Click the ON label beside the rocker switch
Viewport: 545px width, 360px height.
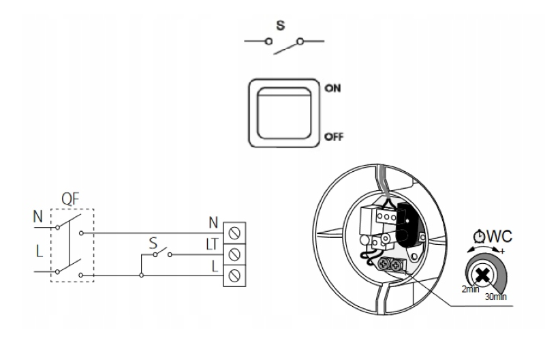(332, 89)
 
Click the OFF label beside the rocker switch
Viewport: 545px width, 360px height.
(334, 136)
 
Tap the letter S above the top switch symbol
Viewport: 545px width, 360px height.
(281, 25)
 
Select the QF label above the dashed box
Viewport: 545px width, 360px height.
(70, 199)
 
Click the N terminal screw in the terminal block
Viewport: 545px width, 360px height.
(234, 233)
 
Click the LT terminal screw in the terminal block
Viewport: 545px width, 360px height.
(234, 254)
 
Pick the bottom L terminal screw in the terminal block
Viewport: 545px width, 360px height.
(234, 276)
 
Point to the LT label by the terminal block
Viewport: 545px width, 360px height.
(212, 244)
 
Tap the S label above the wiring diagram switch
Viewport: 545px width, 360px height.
(153, 243)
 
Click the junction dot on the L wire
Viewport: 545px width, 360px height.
(141, 275)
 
